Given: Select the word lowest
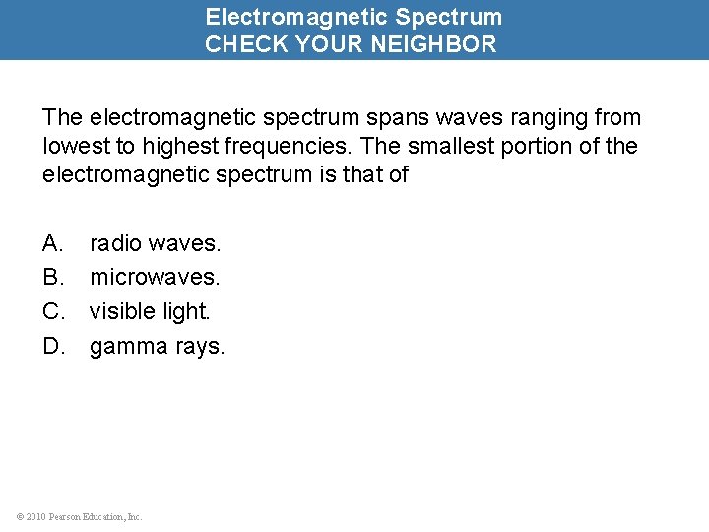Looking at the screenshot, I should (x=76, y=147).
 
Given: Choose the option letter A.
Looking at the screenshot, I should (x=52, y=242).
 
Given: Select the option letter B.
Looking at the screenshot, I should (x=52, y=277).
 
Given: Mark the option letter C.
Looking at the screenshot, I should (x=53, y=311).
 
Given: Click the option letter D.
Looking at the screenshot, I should (x=53, y=346).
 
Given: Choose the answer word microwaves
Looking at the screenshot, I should (x=155, y=277).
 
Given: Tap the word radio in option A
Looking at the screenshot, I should (x=115, y=242).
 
